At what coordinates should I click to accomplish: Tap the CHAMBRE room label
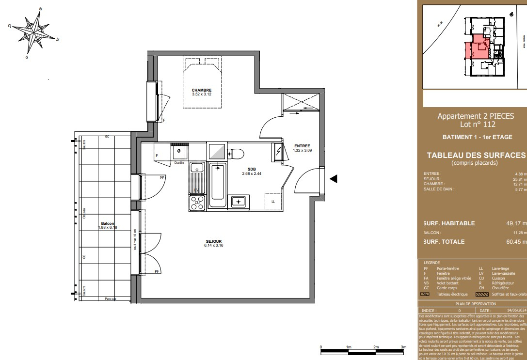pyautogui.click(x=201, y=91)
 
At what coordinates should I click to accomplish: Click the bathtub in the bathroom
pyautogui.click(x=218, y=185)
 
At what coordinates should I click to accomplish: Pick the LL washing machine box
pyautogui.click(x=273, y=201)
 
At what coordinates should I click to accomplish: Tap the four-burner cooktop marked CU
pyautogui.click(x=197, y=203)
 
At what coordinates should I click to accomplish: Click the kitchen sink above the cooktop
pyautogui.click(x=196, y=168)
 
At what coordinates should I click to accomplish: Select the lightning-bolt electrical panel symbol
pyautogui.click(x=278, y=151)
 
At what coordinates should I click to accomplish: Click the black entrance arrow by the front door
pyautogui.click(x=333, y=179)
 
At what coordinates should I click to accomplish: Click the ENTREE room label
pyautogui.click(x=302, y=146)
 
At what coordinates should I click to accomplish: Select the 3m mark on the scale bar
pyautogui.click(x=403, y=347)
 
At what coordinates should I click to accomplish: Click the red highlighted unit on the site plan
pyautogui.click(x=479, y=45)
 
